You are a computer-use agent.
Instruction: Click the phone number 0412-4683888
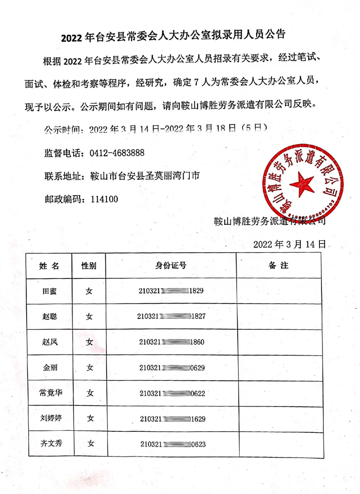(117, 153)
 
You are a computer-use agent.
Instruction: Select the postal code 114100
(104, 199)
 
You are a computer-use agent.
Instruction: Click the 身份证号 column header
(171, 266)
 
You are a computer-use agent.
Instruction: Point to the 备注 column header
(278, 266)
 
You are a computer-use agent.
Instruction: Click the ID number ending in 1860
(172, 342)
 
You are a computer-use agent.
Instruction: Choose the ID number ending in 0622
(172, 393)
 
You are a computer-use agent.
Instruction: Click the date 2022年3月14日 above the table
(290, 243)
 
